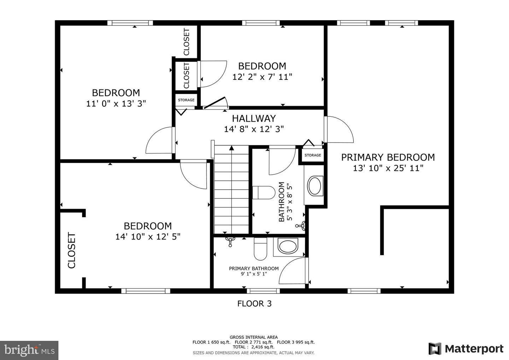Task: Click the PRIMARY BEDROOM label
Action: [x=388, y=157]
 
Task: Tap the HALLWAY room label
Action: [x=254, y=118]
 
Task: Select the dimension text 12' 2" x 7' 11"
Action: [x=262, y=77]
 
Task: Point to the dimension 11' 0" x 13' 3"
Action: [x=116, y=104]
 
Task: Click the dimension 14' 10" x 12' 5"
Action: [x=148, y=237]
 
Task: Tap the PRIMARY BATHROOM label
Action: [x=254, y=268]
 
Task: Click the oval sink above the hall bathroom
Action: [x=314, y=186]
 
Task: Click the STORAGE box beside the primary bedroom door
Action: [x=312, y=155]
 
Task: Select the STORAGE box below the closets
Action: [x=186, y=100]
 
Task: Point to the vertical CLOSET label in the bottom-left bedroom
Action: [x=72, y=250]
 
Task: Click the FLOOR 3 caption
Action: [x=254, y=303]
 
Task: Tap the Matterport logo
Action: [x=466, y=349]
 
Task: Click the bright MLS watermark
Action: [x=29, y=350]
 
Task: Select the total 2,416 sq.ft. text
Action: [x=253, y=347]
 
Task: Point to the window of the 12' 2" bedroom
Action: [x=261, y=23]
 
